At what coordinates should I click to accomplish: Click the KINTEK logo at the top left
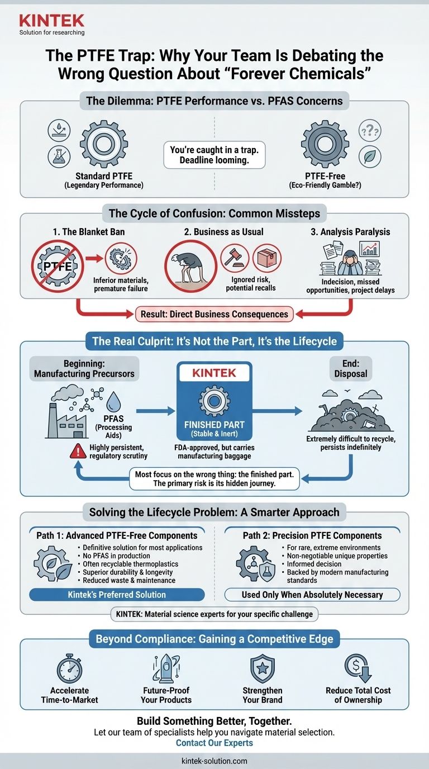click(x=51, y=21)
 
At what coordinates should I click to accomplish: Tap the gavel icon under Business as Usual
click(x=235, y=258)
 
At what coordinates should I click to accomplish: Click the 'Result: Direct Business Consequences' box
click(x=214, y=314)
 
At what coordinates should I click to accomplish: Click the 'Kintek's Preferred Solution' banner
click(x=117, y=595)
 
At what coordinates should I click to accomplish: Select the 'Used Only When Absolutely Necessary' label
click(x=312, y=595)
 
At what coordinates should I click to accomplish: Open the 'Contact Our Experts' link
click(x=214, y=743)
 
